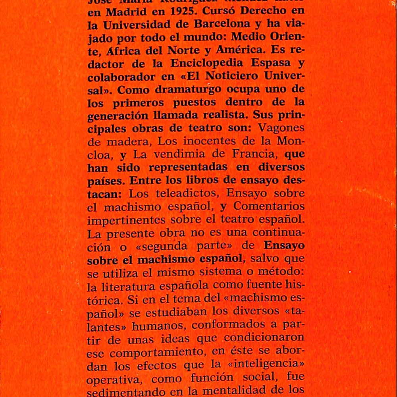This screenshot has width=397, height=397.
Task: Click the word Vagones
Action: click(x=281, y=128)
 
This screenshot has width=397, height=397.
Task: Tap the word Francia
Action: click(x=249, y=154)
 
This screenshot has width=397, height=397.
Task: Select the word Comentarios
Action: click(x=269, y=206)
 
